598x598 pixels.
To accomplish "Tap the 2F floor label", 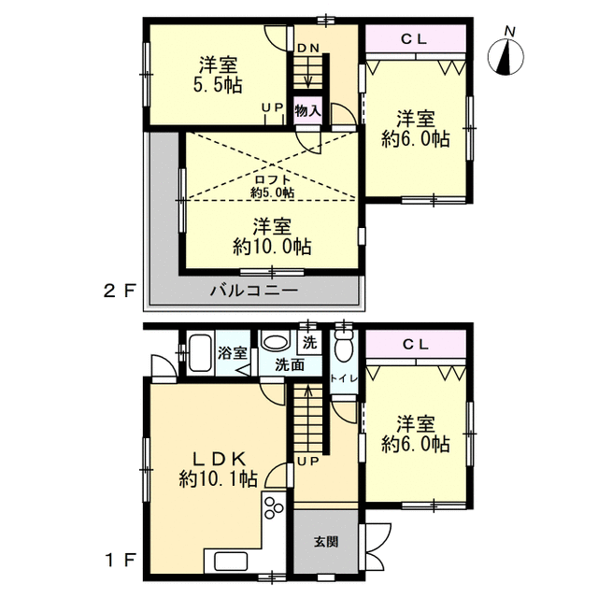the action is [x=120, y=292].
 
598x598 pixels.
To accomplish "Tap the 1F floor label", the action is [x=121, y=561].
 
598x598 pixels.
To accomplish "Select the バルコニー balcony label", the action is [x=254, y=291].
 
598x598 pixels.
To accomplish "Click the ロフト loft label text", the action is [x=272, y=179].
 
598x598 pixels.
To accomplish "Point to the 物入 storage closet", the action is [x=307, y=110].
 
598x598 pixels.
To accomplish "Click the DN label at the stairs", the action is [x=308, y=48].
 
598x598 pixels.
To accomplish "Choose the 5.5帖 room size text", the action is [x=218, y=85].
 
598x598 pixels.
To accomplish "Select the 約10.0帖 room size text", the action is [x=272, y=247].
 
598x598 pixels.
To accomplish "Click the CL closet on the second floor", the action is [x=416, y=38].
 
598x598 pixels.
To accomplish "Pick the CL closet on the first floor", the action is [x=416, y=344].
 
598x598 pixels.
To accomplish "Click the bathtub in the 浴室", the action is [x=201, y=353].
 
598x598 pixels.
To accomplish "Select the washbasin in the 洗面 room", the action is [x=275, y=342].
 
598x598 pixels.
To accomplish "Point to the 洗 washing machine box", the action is [x=309, y=343].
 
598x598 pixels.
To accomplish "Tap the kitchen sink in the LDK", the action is [x=231, y=562].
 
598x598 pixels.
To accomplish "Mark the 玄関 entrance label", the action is [x=326, y=542].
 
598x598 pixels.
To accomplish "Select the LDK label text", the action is [x=219, y=459].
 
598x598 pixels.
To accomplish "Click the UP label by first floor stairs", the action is [x=307, y=462].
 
